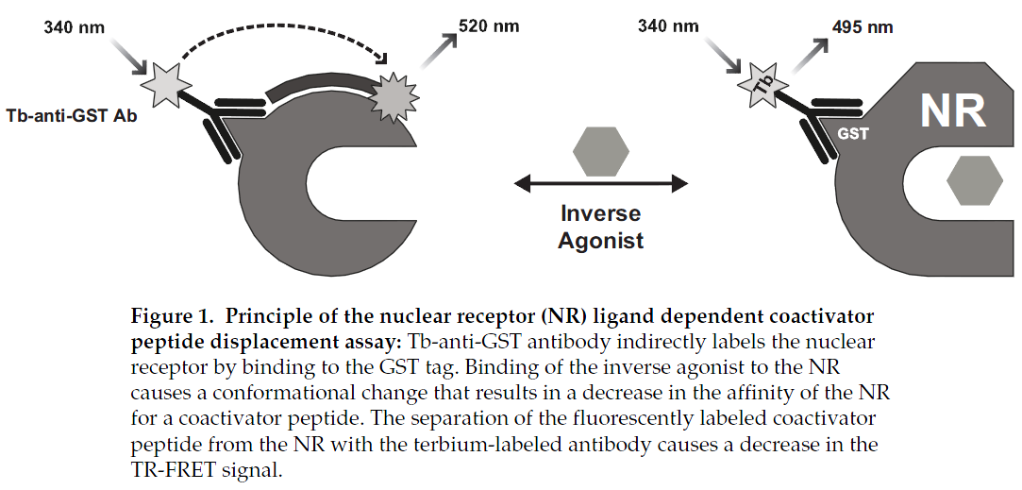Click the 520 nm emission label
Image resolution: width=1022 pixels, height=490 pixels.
[489, 26]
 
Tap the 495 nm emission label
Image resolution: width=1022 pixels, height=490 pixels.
[863, 27]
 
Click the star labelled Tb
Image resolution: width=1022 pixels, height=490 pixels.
[763, 86]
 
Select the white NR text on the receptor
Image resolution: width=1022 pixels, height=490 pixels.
[952, 110]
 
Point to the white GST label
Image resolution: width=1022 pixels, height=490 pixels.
[852, 134]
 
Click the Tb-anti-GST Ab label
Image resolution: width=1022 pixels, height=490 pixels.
[72, 117]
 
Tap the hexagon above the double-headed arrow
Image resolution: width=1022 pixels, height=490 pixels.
[601, 151]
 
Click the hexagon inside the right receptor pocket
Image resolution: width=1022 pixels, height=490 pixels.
[975, 180]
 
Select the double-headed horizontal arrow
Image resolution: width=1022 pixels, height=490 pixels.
[601, 184]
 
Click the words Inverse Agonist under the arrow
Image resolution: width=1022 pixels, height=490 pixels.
[601, 227]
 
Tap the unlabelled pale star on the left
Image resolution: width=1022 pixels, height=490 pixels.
[166, 86]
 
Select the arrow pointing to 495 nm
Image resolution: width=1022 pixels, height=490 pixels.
[809, 56]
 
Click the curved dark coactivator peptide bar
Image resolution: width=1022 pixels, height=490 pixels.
[319, 88]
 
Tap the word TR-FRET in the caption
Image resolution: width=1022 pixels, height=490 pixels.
[171, 470]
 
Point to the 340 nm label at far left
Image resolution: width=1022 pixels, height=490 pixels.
[74, 27]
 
